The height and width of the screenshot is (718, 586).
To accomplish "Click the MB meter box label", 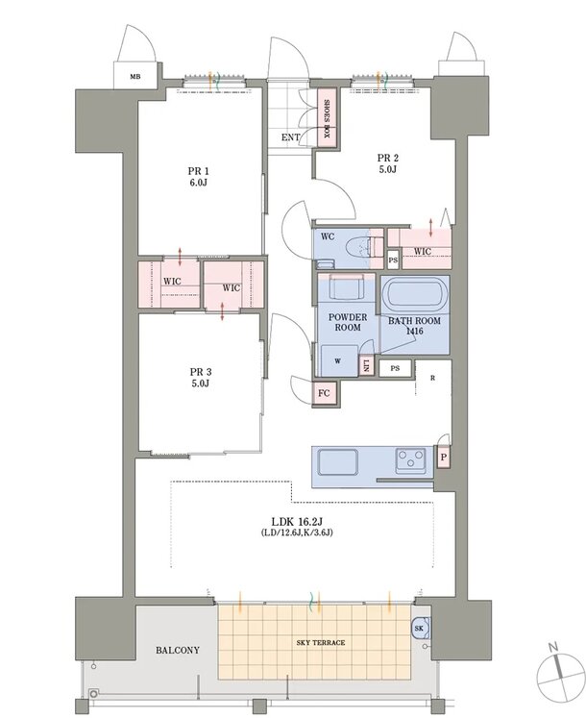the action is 135,77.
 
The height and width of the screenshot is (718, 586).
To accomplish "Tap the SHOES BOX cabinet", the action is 328,117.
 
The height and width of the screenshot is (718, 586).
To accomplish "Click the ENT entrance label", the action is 291,136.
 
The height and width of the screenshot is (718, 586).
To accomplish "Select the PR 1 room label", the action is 198,177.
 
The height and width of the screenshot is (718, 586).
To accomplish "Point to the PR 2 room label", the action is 388,163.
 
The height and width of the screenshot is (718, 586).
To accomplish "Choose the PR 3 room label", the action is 200,378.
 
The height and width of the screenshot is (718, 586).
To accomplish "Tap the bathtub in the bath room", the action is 414,294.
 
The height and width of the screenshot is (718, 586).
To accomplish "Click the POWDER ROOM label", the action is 348,322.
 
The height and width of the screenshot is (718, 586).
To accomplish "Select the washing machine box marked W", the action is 338,360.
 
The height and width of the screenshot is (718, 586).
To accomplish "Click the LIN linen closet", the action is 366,365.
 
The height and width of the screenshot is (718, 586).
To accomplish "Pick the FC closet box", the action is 324,393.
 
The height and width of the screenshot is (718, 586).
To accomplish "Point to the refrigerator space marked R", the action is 432,379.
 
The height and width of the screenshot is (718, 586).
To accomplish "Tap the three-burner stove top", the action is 411,459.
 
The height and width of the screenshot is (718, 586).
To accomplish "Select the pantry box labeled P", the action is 443,457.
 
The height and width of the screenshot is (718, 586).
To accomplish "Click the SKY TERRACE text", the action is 321,642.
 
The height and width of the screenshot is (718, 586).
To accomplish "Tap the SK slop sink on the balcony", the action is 420,629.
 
